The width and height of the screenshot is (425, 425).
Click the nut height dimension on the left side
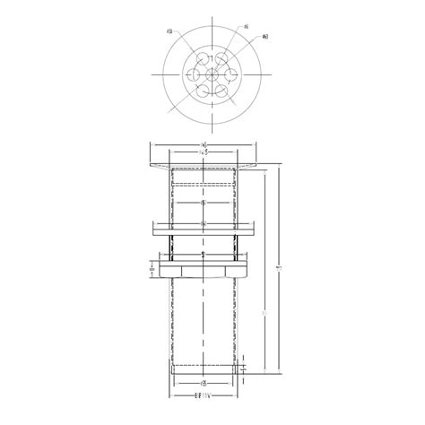[152, 268]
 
